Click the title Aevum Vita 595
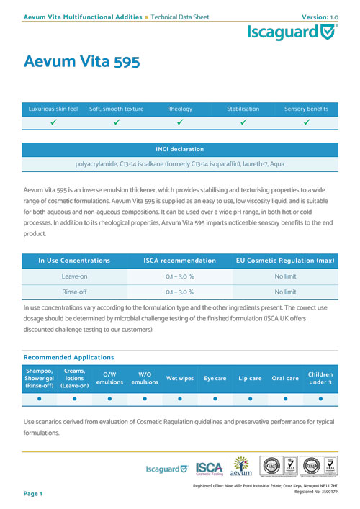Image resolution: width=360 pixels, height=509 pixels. coord(81,62)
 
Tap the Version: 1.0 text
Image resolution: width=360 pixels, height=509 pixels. coord(319,6)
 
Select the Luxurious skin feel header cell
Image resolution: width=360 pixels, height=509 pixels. coord(54,109)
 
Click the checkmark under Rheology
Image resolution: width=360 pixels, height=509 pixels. coord(179,122)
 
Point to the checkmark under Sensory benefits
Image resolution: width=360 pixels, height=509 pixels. coord(306,122)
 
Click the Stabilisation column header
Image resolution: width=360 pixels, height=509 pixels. coord(243,109)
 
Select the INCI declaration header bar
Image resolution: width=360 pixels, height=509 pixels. coord(180,149)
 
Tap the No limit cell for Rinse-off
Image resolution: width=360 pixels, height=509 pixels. coord(285,292)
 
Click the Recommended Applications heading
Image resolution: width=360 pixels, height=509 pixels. coord(68,356)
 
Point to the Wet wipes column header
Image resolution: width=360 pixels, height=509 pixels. coord(179,378)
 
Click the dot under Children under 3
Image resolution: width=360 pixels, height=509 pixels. coord(320,397)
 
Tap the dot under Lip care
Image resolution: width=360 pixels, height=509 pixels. coord(250,397)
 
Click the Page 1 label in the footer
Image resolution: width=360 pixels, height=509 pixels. coord(33,494)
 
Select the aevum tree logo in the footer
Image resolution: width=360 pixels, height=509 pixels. coord(240,467)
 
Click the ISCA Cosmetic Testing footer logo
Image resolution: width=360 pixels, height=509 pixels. coord(210,468)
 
